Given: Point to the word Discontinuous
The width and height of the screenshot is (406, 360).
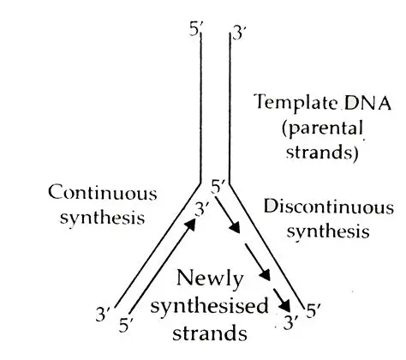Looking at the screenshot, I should coord(329,207).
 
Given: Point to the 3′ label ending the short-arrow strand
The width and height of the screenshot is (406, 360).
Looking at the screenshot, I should coord(290,323).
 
